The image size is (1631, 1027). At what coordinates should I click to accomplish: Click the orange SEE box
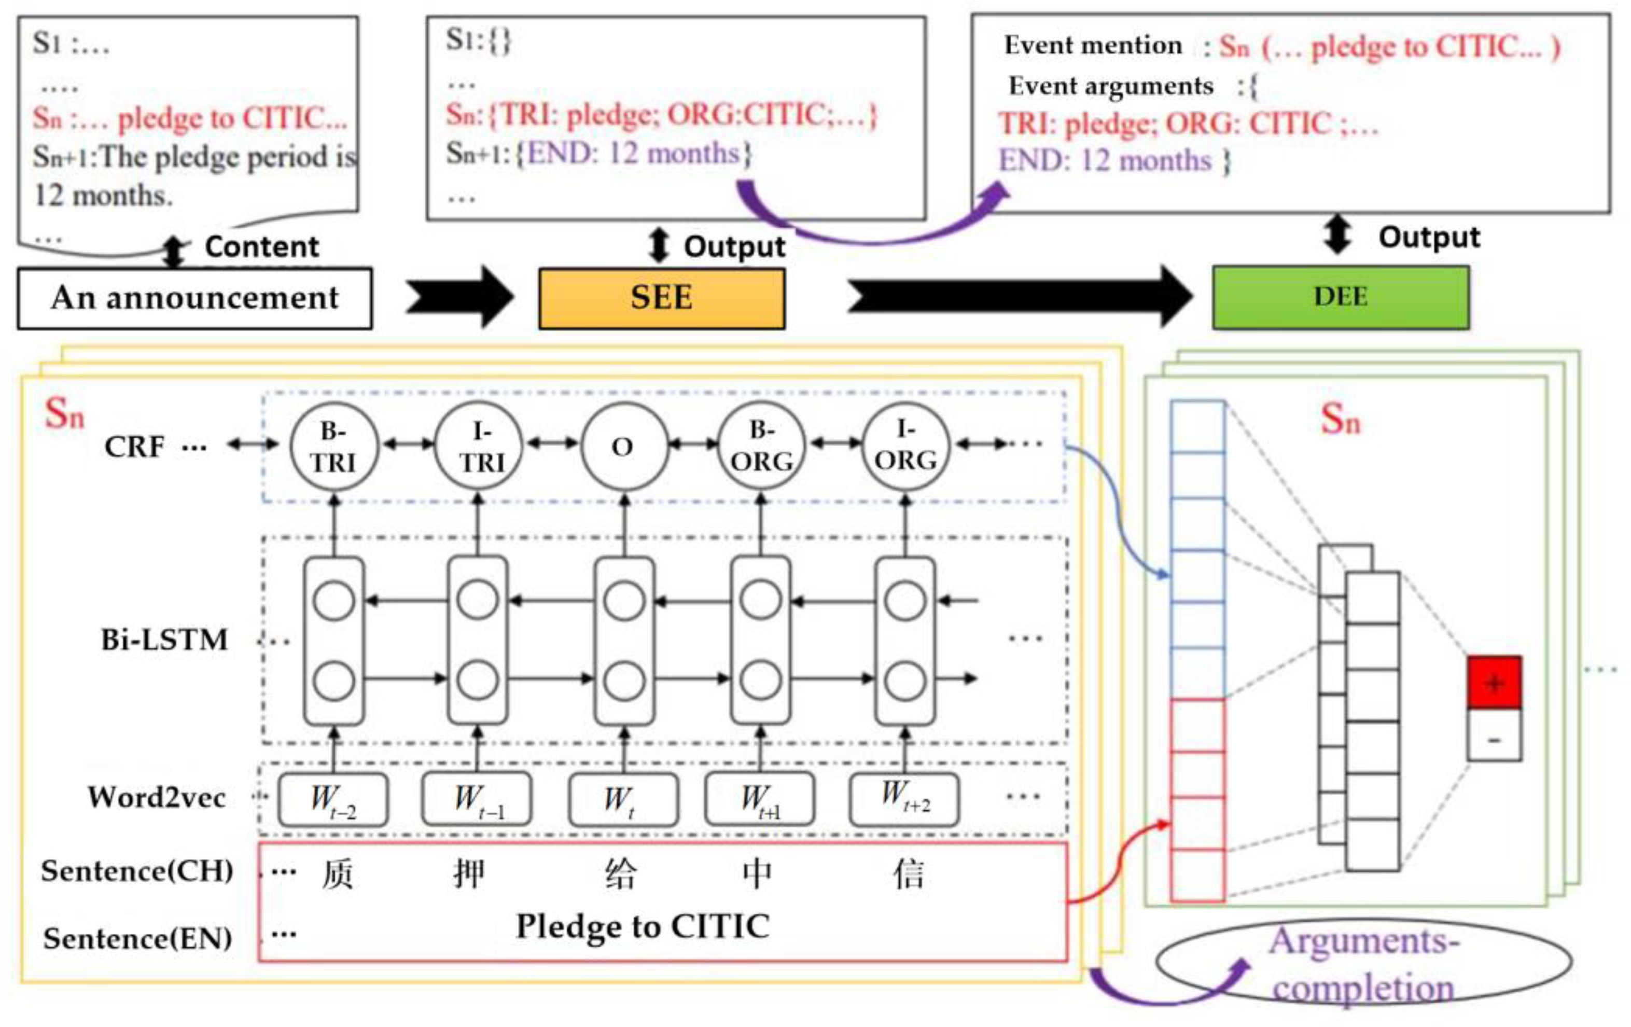point(662,298)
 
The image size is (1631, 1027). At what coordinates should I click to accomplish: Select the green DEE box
point(1341,297)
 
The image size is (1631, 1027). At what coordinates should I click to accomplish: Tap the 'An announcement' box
point(194,298)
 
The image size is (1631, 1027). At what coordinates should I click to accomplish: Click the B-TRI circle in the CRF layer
point(333,447)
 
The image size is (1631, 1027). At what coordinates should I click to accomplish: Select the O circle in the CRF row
point(624,447)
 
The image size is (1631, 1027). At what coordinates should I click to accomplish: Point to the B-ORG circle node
point(761,447)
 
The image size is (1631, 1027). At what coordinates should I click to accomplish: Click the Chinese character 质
point(337,874)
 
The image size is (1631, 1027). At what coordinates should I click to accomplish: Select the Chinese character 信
point(908,874)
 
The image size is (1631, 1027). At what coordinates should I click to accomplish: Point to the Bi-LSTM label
point(164,640)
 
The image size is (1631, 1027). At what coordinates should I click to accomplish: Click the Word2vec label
point(157,797)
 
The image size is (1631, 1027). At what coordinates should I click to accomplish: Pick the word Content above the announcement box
point(261,246)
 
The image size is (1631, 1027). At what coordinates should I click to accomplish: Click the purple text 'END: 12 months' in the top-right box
point(1105,161)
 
